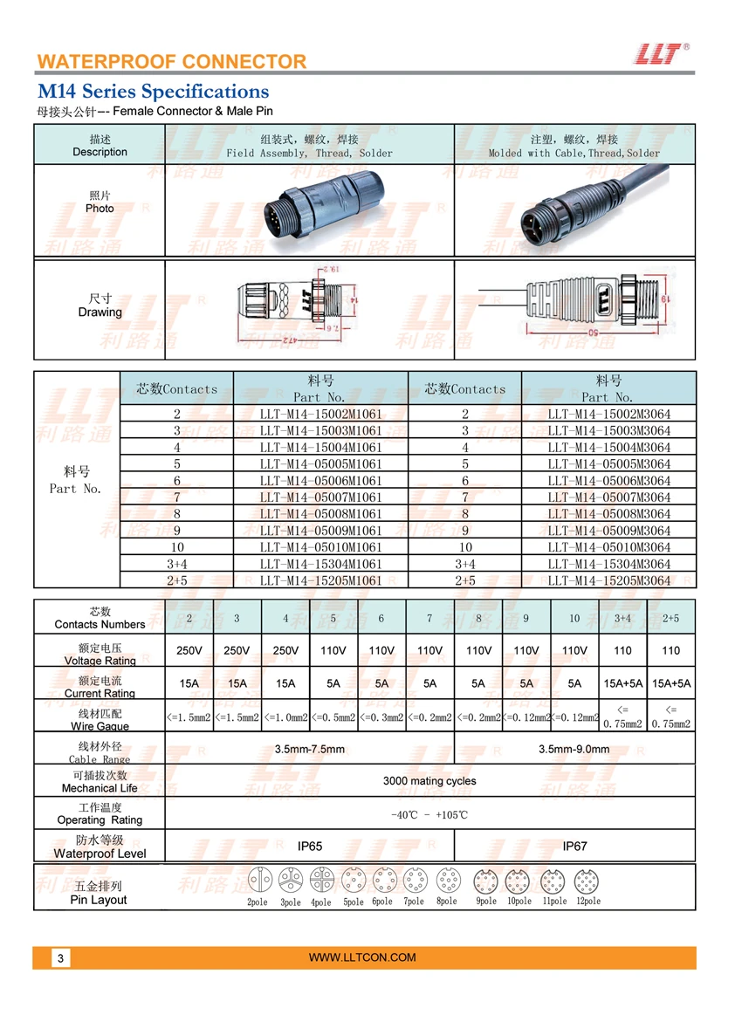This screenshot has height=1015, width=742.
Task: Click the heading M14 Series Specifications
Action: tap(153, 92)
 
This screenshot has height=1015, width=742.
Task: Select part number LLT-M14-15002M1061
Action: tap(320, 415)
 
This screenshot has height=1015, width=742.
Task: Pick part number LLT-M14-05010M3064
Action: tap(609, 547)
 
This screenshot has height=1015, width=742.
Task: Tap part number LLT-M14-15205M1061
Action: tap(320, 580)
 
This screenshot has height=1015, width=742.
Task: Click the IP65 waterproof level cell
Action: tap(310, 847)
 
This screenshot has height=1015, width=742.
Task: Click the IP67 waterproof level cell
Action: tap(575, 847)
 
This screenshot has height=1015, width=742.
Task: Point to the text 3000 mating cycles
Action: tap(429, 781)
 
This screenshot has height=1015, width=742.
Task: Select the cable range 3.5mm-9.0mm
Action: tap(574, 749)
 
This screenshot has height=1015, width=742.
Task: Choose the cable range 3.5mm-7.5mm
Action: tap(310, 749)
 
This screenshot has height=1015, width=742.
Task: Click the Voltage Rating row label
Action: tap(100, 655)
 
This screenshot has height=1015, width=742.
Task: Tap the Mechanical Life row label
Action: tap(100, 782)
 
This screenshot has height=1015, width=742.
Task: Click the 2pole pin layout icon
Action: tap(260, 880)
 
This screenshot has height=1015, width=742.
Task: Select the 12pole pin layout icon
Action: tap(587, 881)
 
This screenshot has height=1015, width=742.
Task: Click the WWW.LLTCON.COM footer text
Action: tap(362, 957)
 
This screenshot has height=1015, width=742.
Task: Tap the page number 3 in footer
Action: tap(60, 958)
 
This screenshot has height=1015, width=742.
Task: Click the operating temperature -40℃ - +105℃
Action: tap(429, 814)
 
